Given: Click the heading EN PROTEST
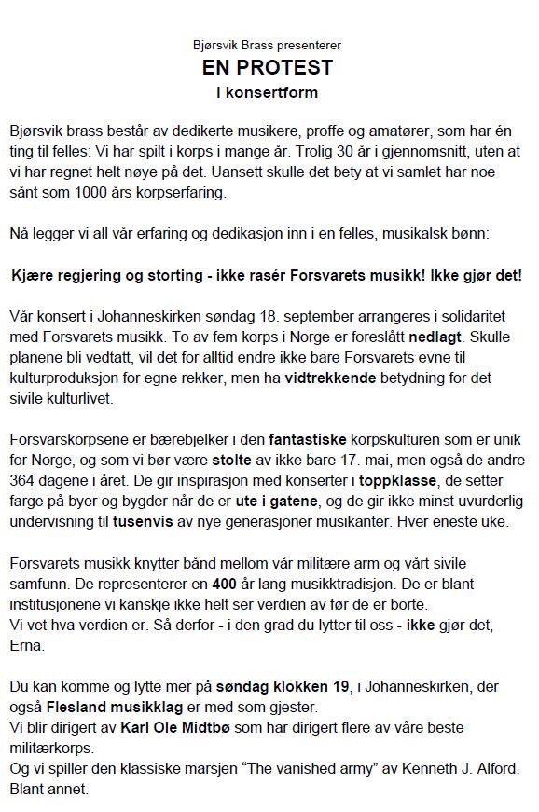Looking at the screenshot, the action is pyautogui.click(x=268, y=68).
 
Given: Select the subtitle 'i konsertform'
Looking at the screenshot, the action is pyautogui.click(x=268, y=92).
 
